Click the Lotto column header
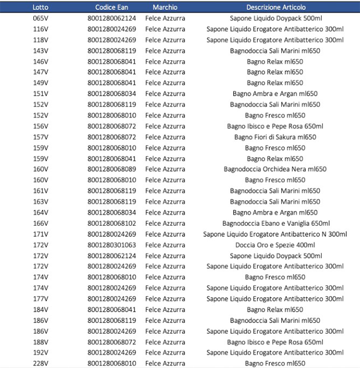[40, 7]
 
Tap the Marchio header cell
[165, 7]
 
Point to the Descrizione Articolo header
[275, 7]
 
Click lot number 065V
[40, 18]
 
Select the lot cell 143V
[40, 50]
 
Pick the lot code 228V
[40, 364]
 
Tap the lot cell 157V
[40, 137]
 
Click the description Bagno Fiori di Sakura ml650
[275, 137]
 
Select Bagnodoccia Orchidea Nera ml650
[275, 169]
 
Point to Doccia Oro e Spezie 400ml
[275, 245]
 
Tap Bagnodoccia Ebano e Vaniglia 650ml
[275, 224]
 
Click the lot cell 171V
[40, 234]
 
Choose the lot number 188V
[40, 342]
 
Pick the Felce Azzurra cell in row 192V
[165, 353]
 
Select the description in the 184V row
[275, 310]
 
